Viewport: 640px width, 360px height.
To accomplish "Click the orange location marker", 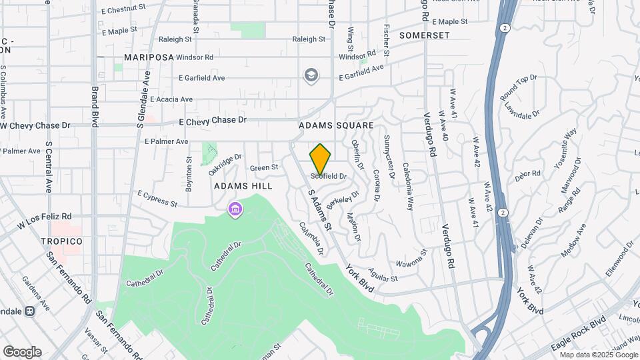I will coord(321,159).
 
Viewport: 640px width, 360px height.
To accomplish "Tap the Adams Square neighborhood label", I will coord(336,125).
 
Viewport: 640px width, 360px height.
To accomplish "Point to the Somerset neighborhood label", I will coord(425,35).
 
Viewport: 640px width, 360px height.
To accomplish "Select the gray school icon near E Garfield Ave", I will coord(311,75).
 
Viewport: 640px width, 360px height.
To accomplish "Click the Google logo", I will coord(22,351).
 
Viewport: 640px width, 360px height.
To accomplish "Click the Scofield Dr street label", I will coord(329,176).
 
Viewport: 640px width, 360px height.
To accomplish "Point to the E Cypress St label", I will coord(157,198).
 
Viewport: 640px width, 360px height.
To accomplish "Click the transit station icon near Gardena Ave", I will coord(30,311).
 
